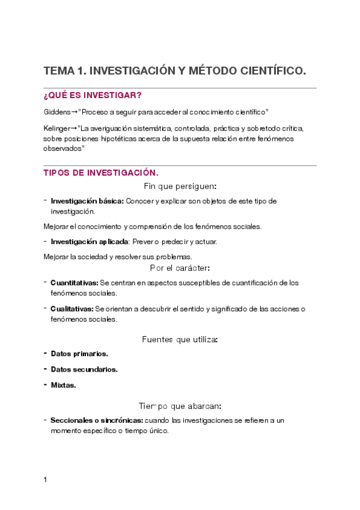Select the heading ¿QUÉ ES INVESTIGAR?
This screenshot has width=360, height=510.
92,96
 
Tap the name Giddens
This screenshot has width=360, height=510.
57,112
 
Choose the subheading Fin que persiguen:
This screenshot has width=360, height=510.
180,186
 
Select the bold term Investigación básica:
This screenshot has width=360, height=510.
87,201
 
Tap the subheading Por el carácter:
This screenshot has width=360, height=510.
180,268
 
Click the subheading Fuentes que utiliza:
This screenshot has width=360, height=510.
180,339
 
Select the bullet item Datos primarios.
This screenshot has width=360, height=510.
79,354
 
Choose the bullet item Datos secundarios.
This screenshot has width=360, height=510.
84,369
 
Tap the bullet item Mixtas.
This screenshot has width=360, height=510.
63,385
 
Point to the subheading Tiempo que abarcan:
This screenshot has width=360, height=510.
180,406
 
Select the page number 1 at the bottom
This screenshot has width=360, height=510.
45,479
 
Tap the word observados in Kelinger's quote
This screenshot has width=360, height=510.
63,148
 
